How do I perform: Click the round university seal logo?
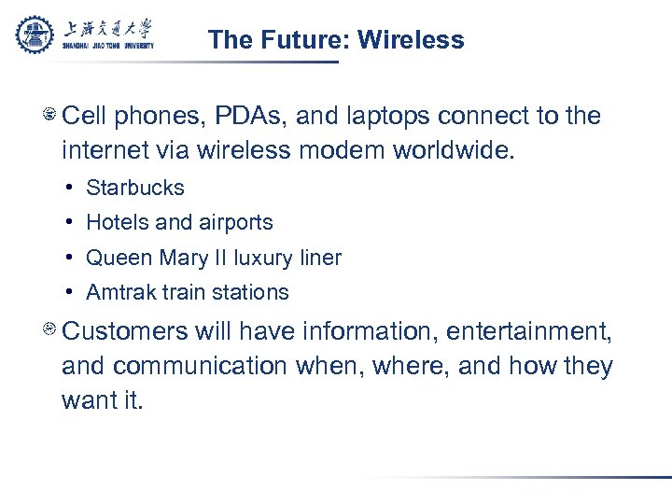coord(35,35)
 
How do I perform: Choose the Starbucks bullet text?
coord(135,188)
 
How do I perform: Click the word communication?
coord(203,366)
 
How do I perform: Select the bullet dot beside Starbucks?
coord(71,188)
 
